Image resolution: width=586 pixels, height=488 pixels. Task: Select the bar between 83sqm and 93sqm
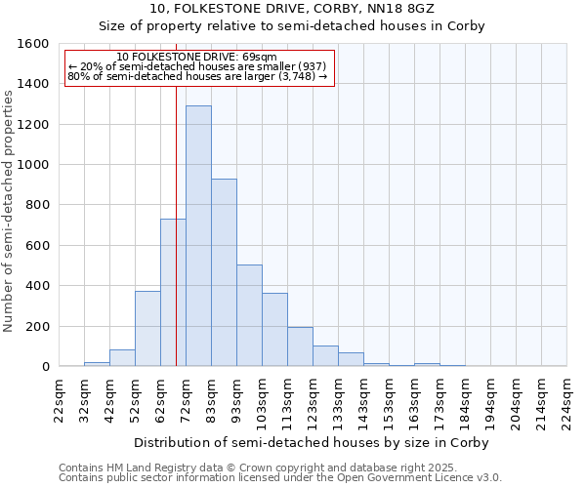[224, 273]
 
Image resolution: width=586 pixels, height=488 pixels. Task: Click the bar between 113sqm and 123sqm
[300, 346]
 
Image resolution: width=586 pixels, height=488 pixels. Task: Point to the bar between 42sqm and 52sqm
[122, 358]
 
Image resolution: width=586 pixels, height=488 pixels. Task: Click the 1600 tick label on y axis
[33, 44]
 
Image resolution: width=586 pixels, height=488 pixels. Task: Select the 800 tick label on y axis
[37, 205]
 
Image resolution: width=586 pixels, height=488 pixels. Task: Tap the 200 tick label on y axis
[37, 326]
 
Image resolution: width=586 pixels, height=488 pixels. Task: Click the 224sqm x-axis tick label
[566, 400]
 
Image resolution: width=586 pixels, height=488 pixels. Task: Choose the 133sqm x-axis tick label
[338, 400]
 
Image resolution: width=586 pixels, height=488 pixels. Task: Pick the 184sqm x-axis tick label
[465, 400]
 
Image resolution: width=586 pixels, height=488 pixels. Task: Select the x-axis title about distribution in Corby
[311, 442]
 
